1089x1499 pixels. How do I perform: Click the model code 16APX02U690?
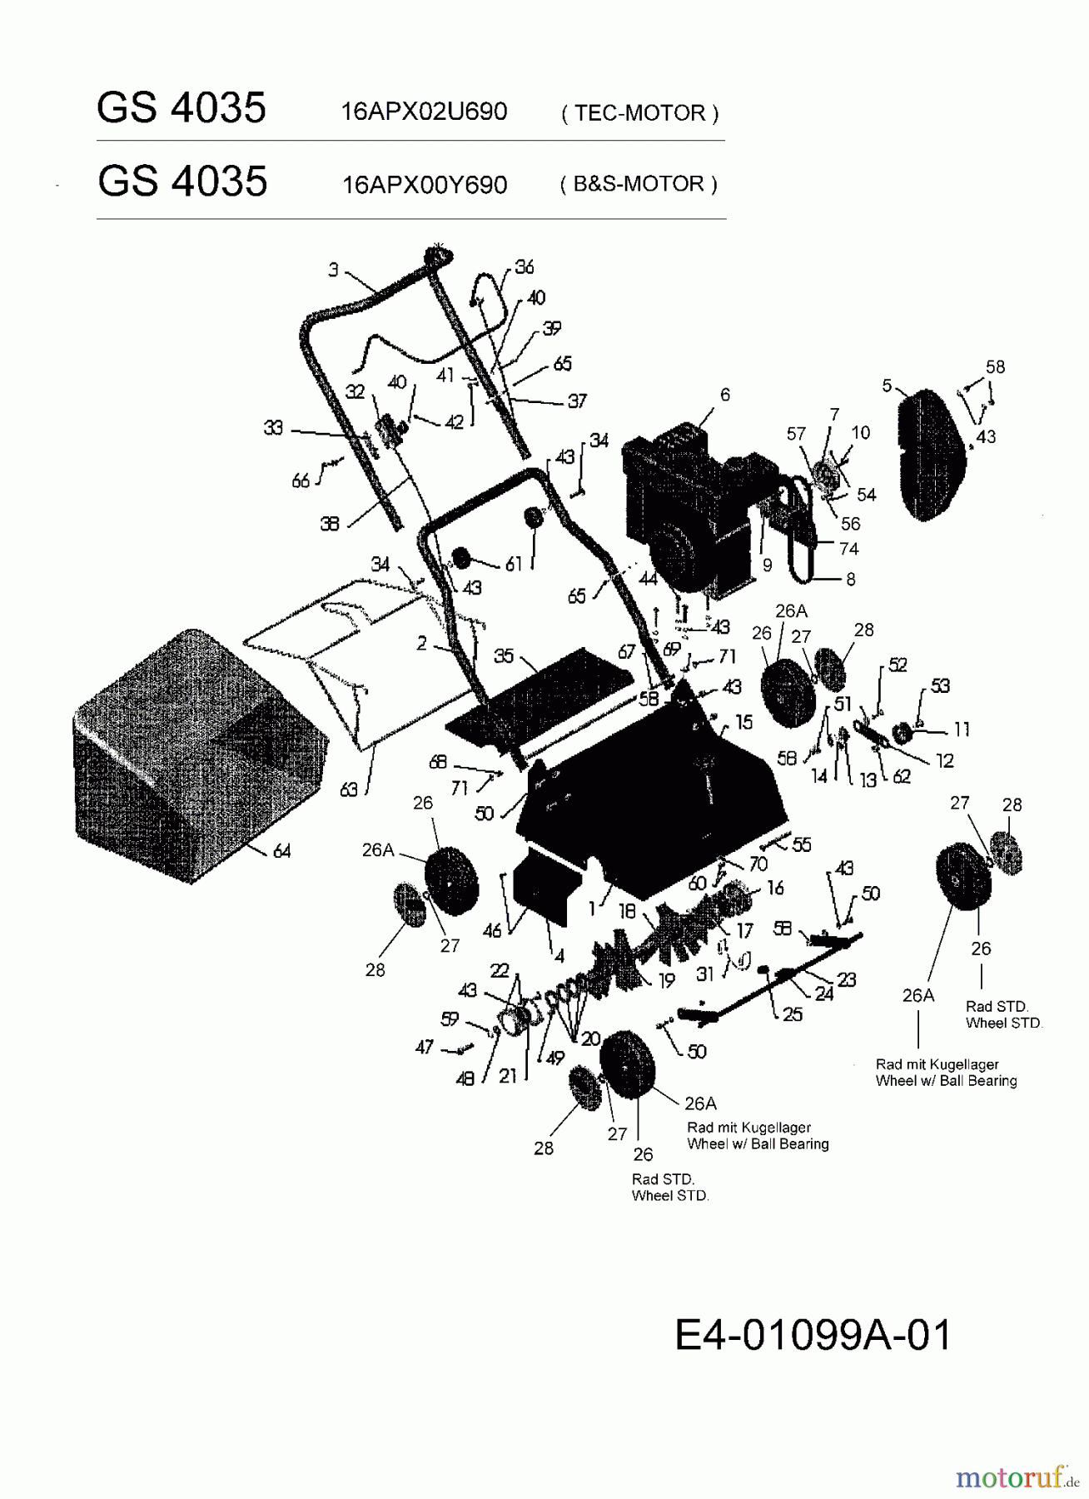[424, 112]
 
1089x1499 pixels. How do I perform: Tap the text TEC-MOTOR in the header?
[639, 112]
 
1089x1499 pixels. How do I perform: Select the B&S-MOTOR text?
[639, 184]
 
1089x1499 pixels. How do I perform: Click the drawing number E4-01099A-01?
[813, 1335]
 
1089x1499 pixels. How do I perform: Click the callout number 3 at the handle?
[333, 269]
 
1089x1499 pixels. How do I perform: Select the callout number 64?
[282, 851]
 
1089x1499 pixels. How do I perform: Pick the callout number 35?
[504, 655]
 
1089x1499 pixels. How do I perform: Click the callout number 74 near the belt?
[848, 548]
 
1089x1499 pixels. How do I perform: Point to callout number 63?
[349, 788]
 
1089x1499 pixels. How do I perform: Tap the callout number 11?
[962, 730]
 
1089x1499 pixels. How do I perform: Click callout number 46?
[492, 929]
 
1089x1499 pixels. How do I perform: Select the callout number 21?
[508, 1076]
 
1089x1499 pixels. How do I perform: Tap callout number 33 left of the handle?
[273, 427]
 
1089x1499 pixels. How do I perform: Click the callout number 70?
[758, 864]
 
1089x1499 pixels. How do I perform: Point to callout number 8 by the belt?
[850, 579]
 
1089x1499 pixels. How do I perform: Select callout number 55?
[801, 844]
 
